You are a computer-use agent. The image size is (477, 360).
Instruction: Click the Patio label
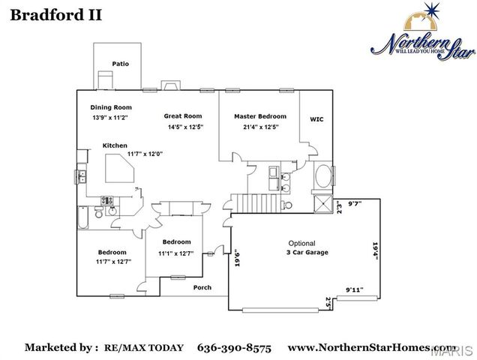(120, 64)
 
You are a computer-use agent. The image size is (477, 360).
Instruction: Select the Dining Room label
(111, 107)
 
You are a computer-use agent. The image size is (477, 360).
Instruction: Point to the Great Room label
(183, 116)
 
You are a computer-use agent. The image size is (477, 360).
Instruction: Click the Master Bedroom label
(259, 116)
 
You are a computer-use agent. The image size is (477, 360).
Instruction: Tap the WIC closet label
(316, 119)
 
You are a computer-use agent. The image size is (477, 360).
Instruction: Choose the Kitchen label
(115, 145)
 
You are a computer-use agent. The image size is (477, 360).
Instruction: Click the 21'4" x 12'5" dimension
(259, 127)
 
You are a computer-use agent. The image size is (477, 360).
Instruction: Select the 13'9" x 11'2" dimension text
(110, 118)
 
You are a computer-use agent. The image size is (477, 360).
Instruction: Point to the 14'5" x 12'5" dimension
(184, 127)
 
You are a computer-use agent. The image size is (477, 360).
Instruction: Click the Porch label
(202, 287)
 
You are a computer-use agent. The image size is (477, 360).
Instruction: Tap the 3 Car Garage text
(307, 253)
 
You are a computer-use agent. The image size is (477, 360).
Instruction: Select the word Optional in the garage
(302, 243)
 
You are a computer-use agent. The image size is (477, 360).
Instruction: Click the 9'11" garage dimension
(354, 289)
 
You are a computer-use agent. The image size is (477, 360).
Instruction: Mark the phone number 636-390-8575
(235, 347)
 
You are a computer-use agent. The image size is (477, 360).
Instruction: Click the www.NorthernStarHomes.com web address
(371, 347)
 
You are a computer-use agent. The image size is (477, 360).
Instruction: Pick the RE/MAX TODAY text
(143, 348)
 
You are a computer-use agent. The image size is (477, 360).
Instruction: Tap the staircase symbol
(244, 202)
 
